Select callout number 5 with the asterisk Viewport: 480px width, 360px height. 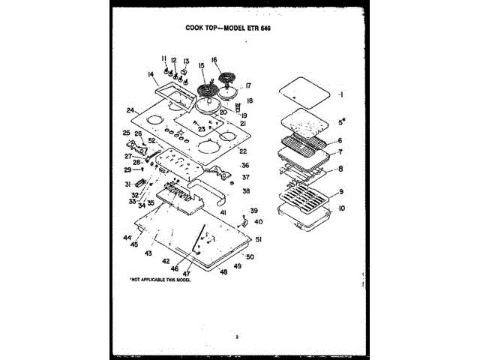(x=341, y=121)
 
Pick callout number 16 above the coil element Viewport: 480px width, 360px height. (x=214, y=60)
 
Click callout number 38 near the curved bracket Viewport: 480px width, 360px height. (x=246, y=191)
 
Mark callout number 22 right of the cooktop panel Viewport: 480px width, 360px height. (x=243, y=151)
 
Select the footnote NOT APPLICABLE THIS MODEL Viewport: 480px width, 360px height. (x=160, y=279)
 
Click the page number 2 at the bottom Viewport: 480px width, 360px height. (x=237, y=337)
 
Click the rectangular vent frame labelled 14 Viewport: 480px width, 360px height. (x=170, y=90)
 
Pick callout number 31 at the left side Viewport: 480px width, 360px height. (x=127, y=184)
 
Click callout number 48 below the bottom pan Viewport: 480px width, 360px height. (x=223, y=272)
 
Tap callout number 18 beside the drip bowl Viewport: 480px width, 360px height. (x=250, y=100)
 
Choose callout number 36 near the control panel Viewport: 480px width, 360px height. (x=245, y=165)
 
